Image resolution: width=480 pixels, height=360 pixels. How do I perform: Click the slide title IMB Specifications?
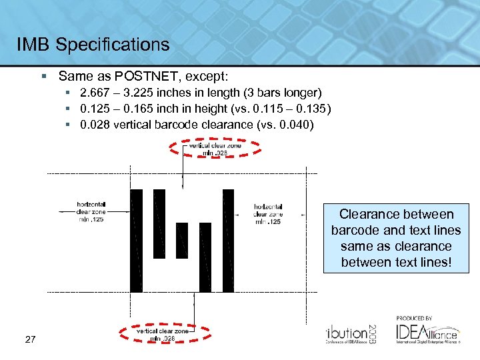coord(93,45)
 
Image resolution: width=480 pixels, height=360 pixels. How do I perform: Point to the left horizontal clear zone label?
coord(91,211)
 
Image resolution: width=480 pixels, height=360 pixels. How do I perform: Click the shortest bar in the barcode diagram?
coord(181,240)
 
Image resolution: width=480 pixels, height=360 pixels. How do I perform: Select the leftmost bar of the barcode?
coord(136,240)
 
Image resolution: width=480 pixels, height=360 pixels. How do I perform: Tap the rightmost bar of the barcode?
coord(228,240)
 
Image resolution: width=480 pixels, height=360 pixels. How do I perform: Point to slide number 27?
coord(30,341)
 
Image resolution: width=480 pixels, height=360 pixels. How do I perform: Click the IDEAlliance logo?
coord(427,331)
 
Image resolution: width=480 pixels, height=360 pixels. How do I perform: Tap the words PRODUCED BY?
coord(414,318)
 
